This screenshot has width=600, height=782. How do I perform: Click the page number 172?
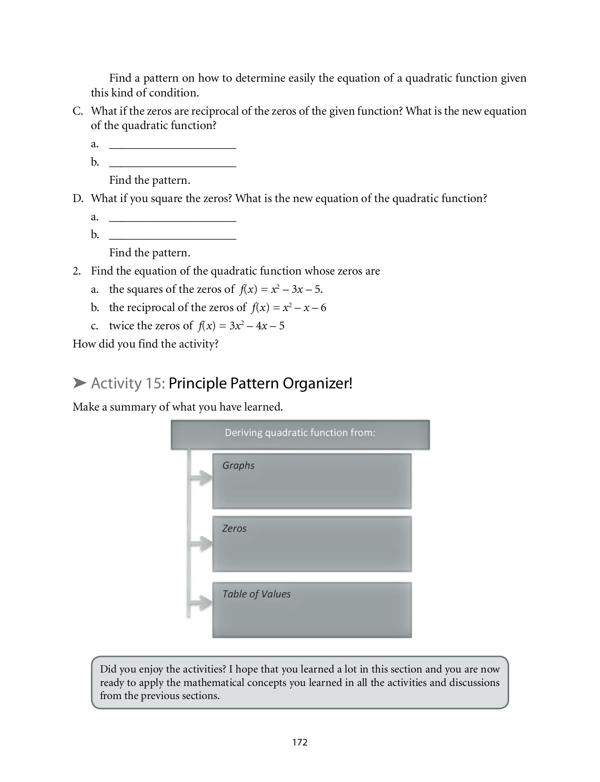300,742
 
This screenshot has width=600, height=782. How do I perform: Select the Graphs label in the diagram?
238,465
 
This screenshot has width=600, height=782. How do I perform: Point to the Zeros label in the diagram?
234,528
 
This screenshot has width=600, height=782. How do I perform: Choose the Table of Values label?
256,594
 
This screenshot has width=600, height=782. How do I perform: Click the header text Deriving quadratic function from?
300,433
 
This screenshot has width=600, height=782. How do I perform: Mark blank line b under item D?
172,236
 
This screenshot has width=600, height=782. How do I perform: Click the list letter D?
78,199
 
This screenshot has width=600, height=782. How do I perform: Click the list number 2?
76,271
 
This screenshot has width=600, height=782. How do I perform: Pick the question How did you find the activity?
146,344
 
